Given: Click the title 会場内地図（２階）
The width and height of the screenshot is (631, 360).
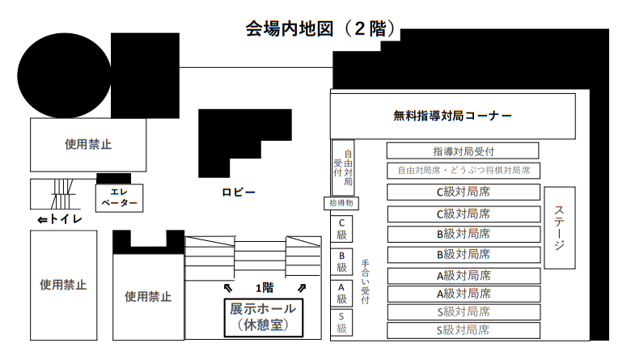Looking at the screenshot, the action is click(320, 29).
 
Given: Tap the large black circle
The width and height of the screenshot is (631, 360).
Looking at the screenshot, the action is click(64, 75).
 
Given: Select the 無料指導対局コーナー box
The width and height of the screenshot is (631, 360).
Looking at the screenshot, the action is click(453, 116).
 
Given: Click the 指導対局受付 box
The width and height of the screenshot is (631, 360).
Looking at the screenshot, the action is click(463, 151).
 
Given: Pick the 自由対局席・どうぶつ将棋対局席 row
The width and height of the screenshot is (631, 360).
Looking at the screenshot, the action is click(464, 171).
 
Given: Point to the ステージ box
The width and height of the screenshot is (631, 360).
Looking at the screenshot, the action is click(559, 227).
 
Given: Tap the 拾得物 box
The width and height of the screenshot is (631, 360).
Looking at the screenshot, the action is click(341, 203).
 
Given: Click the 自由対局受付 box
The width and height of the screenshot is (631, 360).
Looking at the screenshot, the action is click(343, 167).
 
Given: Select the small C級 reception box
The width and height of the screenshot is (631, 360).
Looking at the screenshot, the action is click(341, 229).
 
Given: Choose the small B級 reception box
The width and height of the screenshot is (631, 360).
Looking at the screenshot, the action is click(341, 262).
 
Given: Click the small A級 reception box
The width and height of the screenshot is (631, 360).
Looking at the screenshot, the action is click(341, 293).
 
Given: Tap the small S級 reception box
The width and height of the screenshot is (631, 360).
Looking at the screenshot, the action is click(341, 322).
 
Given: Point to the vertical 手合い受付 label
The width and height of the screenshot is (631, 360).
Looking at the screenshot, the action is click(365, 282).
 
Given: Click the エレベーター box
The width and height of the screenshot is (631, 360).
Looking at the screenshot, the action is click(119, 198).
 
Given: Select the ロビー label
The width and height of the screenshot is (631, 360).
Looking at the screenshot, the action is click(239, 193).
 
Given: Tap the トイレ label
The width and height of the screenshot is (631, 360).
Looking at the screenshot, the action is click(66, 219).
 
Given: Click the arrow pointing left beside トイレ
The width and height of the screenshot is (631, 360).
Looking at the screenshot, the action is click(42, 220).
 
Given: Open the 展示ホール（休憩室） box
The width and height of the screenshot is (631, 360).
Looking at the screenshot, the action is click(263, 317).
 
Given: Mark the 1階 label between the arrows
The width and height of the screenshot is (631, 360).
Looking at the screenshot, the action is click(265, 288).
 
